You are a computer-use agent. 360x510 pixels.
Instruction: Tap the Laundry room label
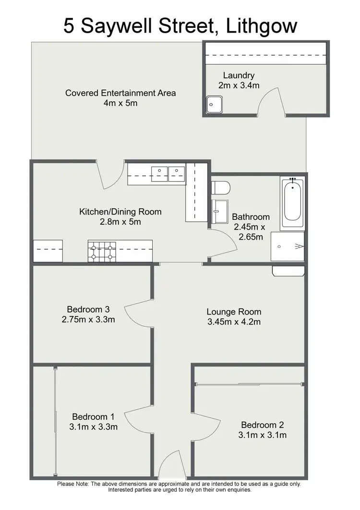tap(239, 75)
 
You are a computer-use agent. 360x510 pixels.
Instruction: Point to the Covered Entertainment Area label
tap(120, 93)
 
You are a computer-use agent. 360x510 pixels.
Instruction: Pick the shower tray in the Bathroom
tap(287, 246)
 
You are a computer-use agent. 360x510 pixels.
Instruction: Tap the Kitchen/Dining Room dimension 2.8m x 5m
tap(120, 222)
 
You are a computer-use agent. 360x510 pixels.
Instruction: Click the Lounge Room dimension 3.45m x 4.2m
tap(234, 322)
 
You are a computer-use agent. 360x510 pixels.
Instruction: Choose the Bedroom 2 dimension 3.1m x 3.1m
tap(263, 436)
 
